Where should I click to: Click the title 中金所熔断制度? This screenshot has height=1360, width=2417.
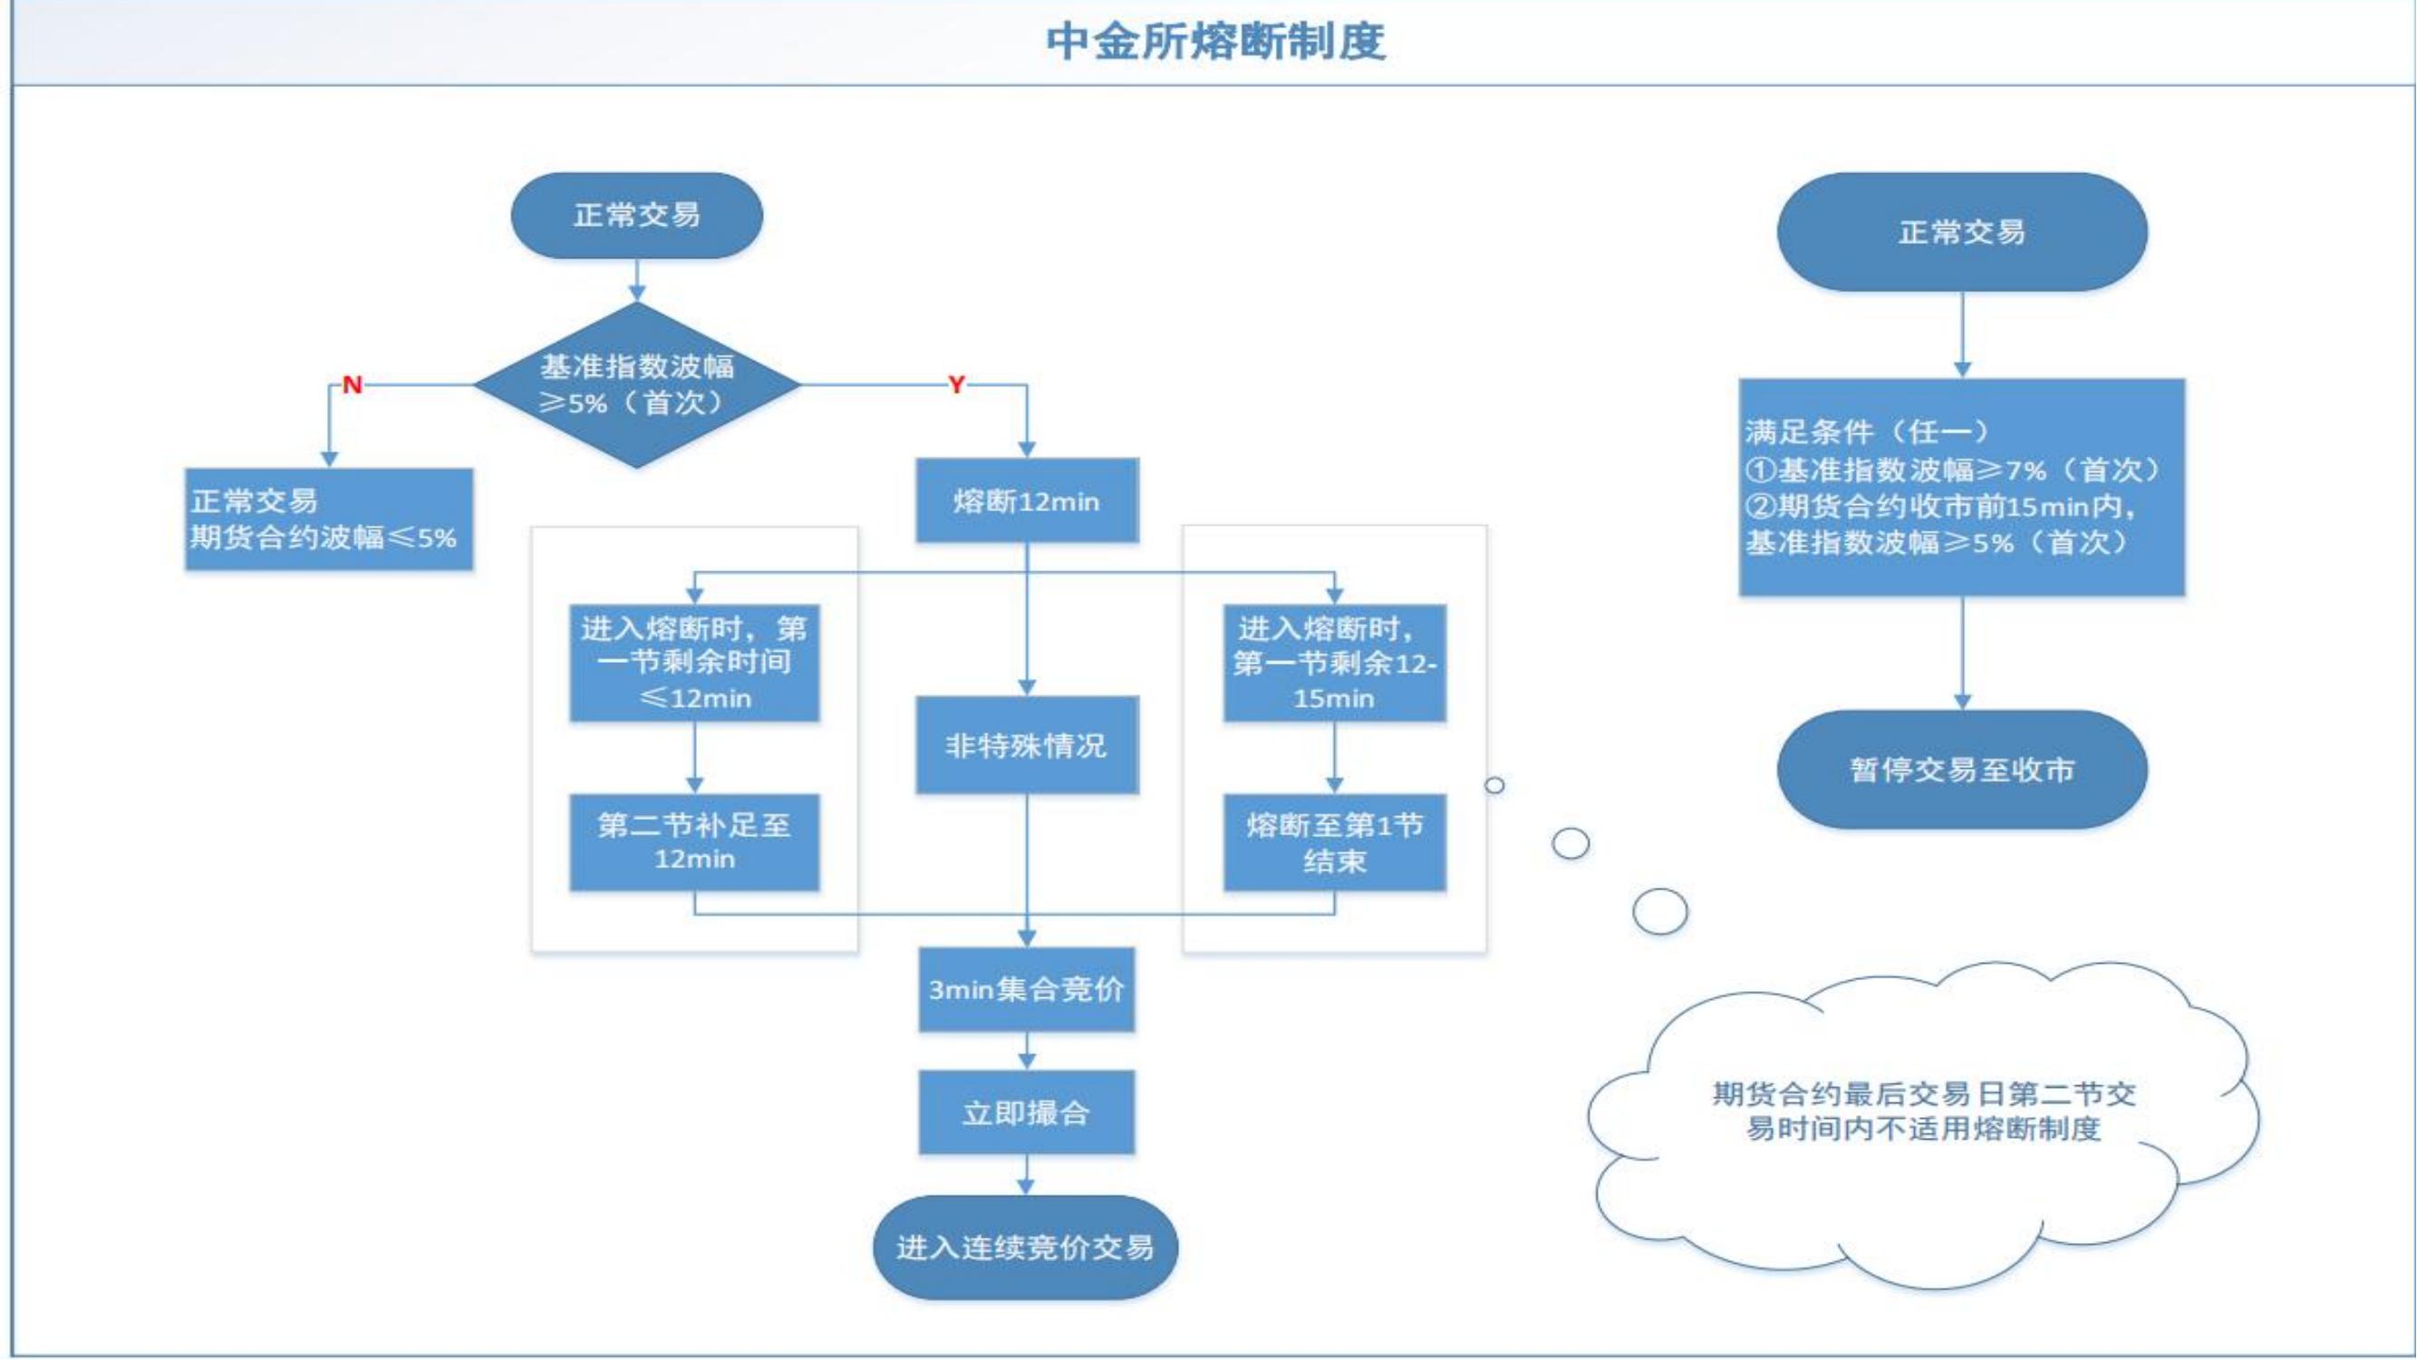[1216, 43]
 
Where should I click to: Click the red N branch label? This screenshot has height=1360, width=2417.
[352, 384]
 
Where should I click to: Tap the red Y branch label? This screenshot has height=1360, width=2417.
[956, 384]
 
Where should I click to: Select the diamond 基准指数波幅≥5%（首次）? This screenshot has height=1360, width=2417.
[636, 384]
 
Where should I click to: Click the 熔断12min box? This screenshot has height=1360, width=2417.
[1027, 500]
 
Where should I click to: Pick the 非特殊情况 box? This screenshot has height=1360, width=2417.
[1027, 745]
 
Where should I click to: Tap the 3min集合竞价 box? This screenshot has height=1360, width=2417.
[1027, 989]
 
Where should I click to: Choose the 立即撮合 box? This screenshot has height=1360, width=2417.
[1027, 1113]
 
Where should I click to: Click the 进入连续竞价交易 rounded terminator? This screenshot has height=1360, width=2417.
[1026, 1248]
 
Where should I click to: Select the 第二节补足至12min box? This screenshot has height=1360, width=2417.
[694, 842]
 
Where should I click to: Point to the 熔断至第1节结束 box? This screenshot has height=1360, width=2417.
[1334, 842]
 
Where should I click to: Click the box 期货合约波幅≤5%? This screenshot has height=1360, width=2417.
[328, 519]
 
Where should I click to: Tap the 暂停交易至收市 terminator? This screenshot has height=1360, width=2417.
[1962, 770]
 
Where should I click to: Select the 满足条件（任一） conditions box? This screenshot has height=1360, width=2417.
[1962, 487]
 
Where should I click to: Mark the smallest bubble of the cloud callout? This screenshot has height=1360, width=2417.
[1494, 784]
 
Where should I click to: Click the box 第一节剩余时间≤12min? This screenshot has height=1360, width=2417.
[694, 663]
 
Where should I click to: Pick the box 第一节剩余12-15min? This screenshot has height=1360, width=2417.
[1334, 663]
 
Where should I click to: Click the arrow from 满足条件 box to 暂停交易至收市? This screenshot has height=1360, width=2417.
[1962, 653]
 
